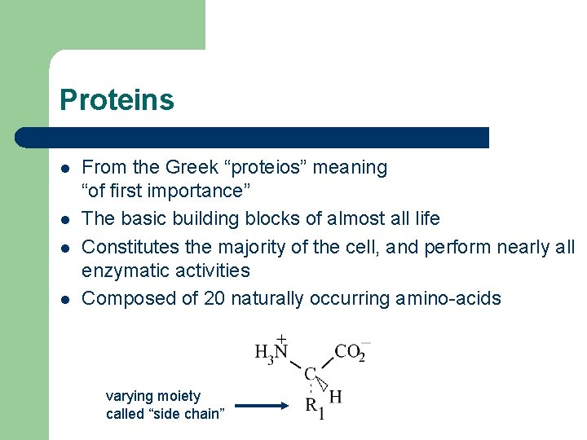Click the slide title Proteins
coord(117,100)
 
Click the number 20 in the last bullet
coord(214,298)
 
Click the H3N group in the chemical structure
coord(272,351)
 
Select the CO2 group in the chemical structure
coord(351,351)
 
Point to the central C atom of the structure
coord(310,374)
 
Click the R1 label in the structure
coord(315,407)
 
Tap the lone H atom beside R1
coord(335,397)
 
